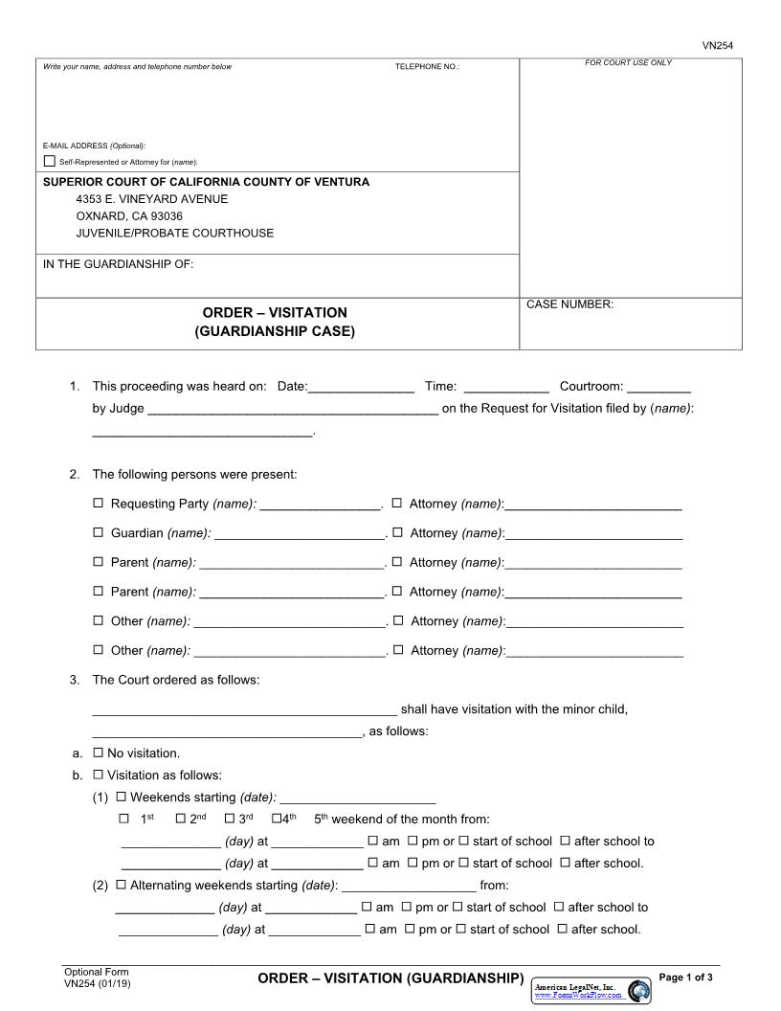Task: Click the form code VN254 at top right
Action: [x=717, y=45]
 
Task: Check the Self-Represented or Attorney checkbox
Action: [x=50, y=161]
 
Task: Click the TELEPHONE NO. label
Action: [x=427, y=67]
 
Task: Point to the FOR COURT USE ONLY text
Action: [x=628, y=63]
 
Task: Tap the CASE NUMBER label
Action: [x=569, y=304]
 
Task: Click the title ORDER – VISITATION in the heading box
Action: [x=275, y=313]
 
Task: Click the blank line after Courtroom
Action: [x=659, y=388]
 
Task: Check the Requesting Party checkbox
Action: [x=98, y=504]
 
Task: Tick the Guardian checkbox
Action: [x=98, y=533]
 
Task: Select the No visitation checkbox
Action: [x=98, y=753]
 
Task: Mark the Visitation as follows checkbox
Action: [x=98, y=775]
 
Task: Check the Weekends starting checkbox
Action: [x=121, y=798]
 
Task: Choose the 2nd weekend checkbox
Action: [x=180, y=819]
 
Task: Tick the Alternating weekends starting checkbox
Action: [x=121, y=886]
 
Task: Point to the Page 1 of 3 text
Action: [x=686, y=977]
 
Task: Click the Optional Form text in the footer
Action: [x=96, y=972]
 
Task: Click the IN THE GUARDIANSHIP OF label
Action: [x=118, y=264]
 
